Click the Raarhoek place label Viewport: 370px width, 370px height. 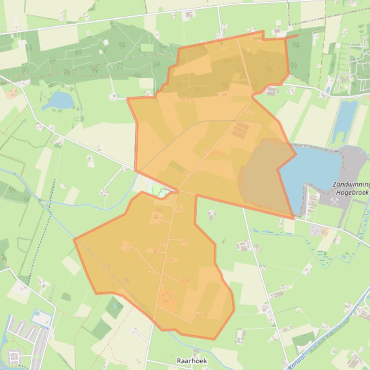tap(188, 360)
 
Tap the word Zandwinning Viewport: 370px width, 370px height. tap(351, 185)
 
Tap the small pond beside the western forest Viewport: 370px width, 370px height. tap(58, 100)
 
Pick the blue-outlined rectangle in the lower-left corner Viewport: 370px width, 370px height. tap(42, 318)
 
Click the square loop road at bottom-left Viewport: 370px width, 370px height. tap(13, 357)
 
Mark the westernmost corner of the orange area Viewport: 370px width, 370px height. tap(74, 239)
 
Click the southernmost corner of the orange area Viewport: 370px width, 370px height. tap(214, 339)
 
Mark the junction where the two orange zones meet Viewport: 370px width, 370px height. tap(178, 191)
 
